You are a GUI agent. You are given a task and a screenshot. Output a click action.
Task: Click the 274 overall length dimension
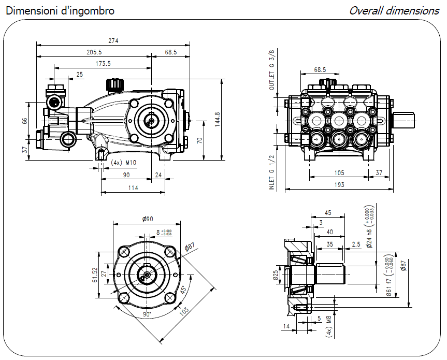coord(113,41)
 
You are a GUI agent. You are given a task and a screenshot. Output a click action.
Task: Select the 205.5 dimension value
coord(94,52)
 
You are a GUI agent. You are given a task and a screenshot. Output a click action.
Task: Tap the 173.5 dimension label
coord(103,64)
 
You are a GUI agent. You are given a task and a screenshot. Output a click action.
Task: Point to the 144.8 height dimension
coord(217,120)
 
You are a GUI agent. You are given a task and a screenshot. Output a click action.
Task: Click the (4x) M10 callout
coord(123,163)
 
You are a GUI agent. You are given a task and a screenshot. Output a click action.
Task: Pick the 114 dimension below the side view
coord(133,188)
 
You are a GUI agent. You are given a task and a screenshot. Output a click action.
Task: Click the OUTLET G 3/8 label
coord(272,70)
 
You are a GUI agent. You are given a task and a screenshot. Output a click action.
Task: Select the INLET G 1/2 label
coord(272,172)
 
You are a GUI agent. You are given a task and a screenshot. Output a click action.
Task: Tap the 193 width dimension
coord(339,185)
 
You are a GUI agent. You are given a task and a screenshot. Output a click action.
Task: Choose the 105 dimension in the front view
coord(339,172)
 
